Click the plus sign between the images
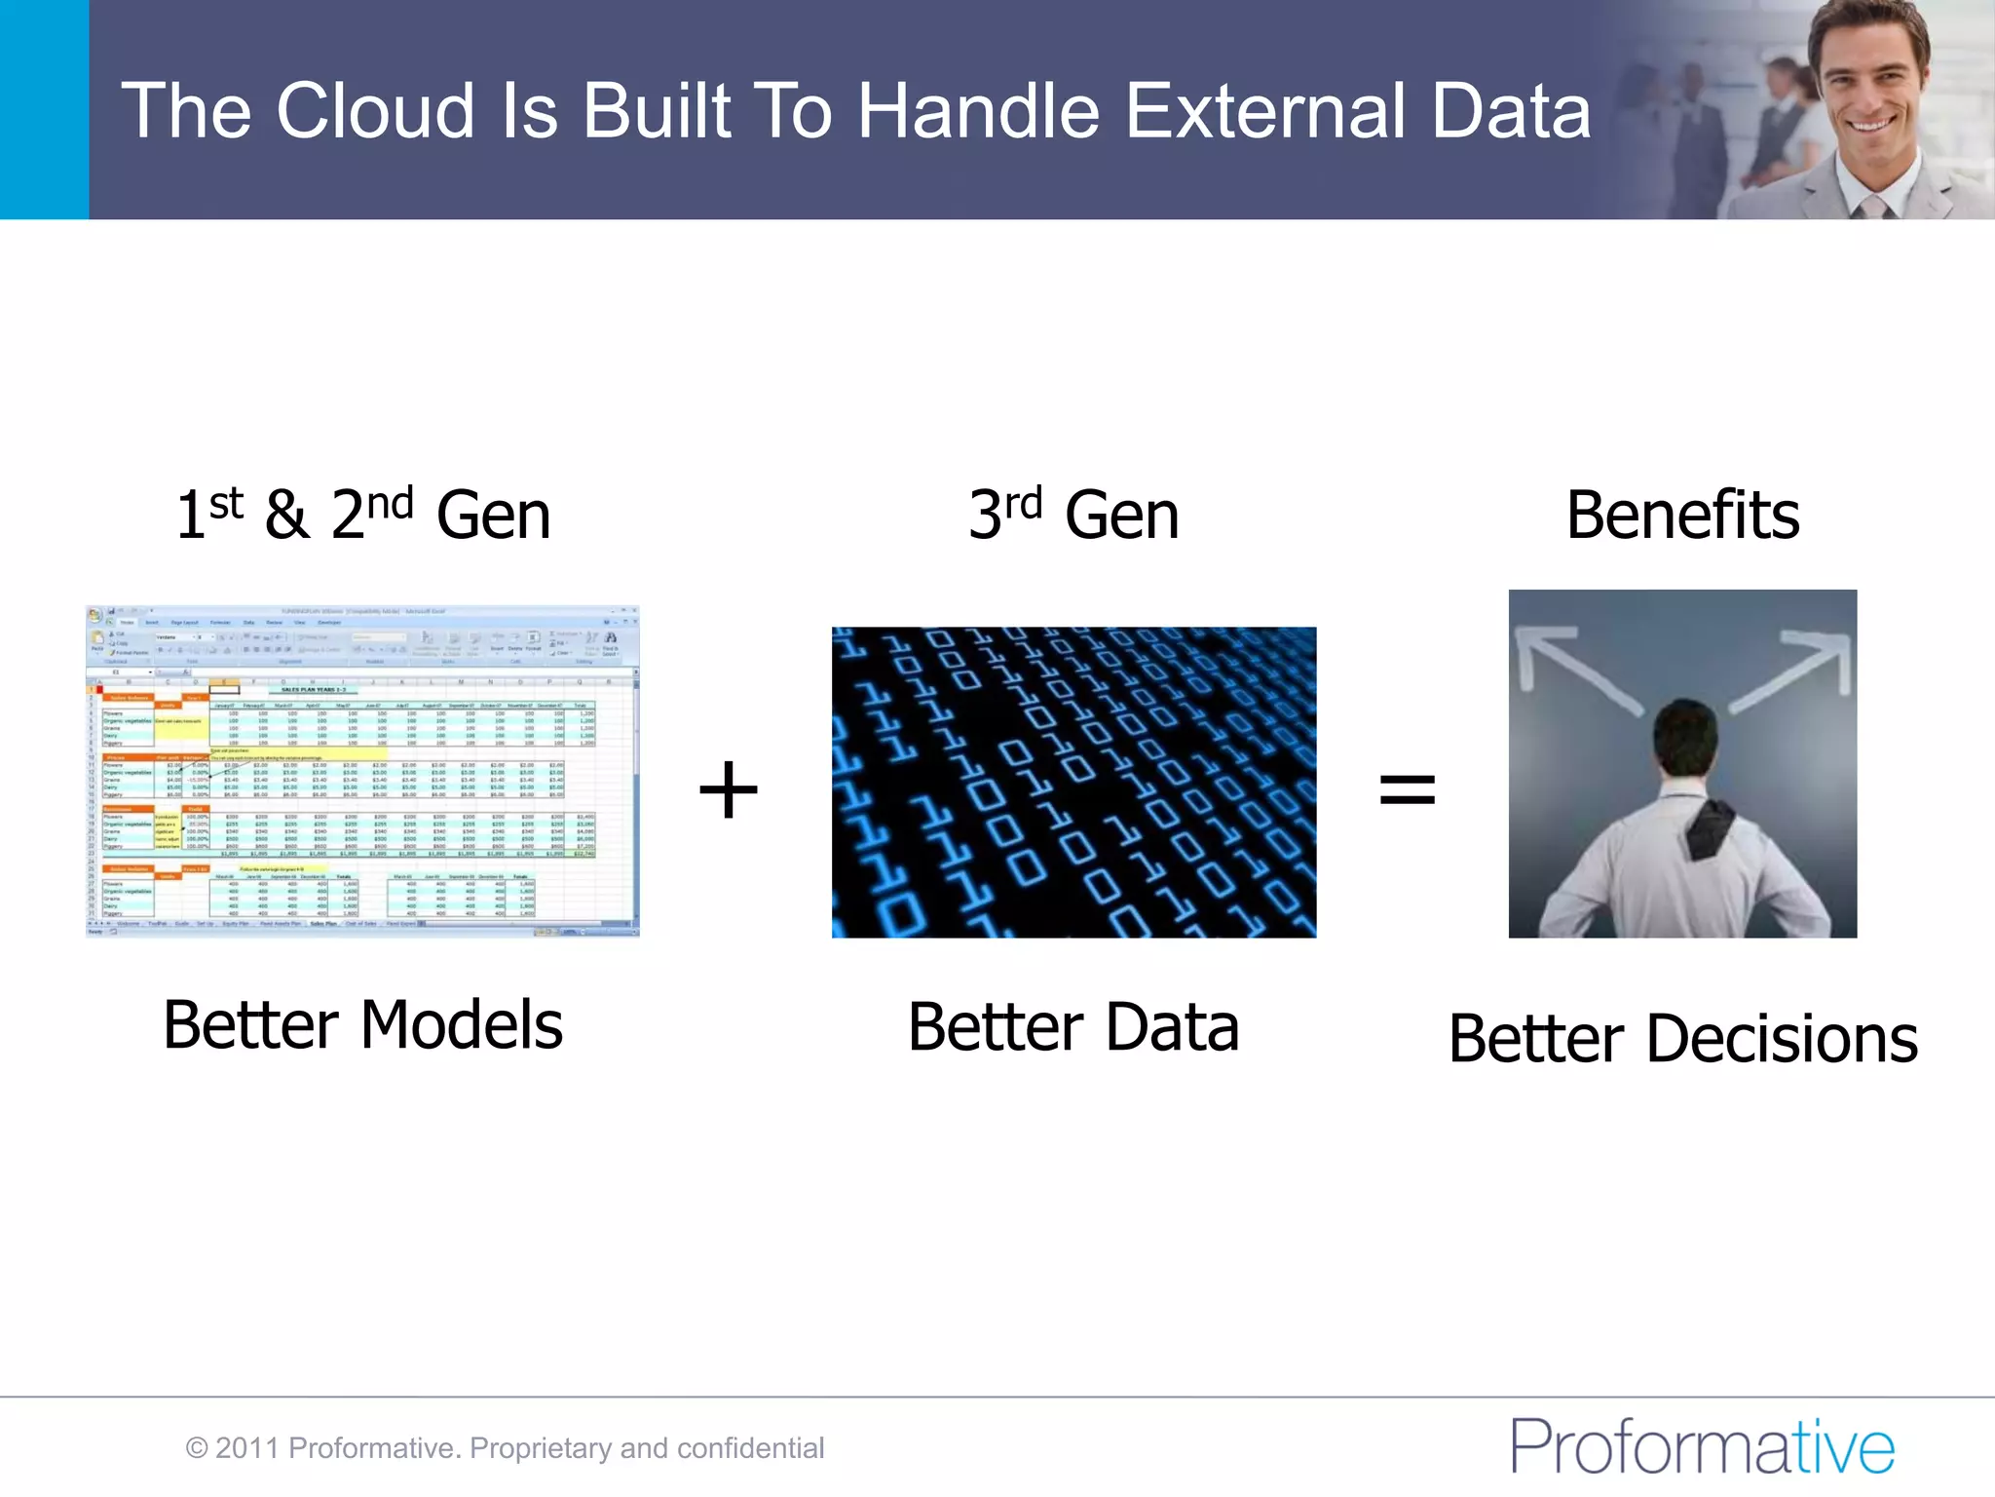pyautogui.click(x=728, y=789)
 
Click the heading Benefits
pyautogui.click(x=1682, y=516)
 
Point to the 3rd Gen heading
pyautogui.click(x=1073, y=516)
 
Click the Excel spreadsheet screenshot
pyautogui.click(x=362, y=771)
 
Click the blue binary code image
pyautogui.click(x=1073, y=783)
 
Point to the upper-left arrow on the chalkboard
pyautogui.click(x=1568, y=668)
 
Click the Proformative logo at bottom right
pyautogui.click(x=1701, y=1446)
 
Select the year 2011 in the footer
pyautogui.click(x=247, y=1448)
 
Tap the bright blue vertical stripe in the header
pyautogui.click(x=44, y=109)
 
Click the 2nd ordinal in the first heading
pyautogui.click(x=372, y=514)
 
